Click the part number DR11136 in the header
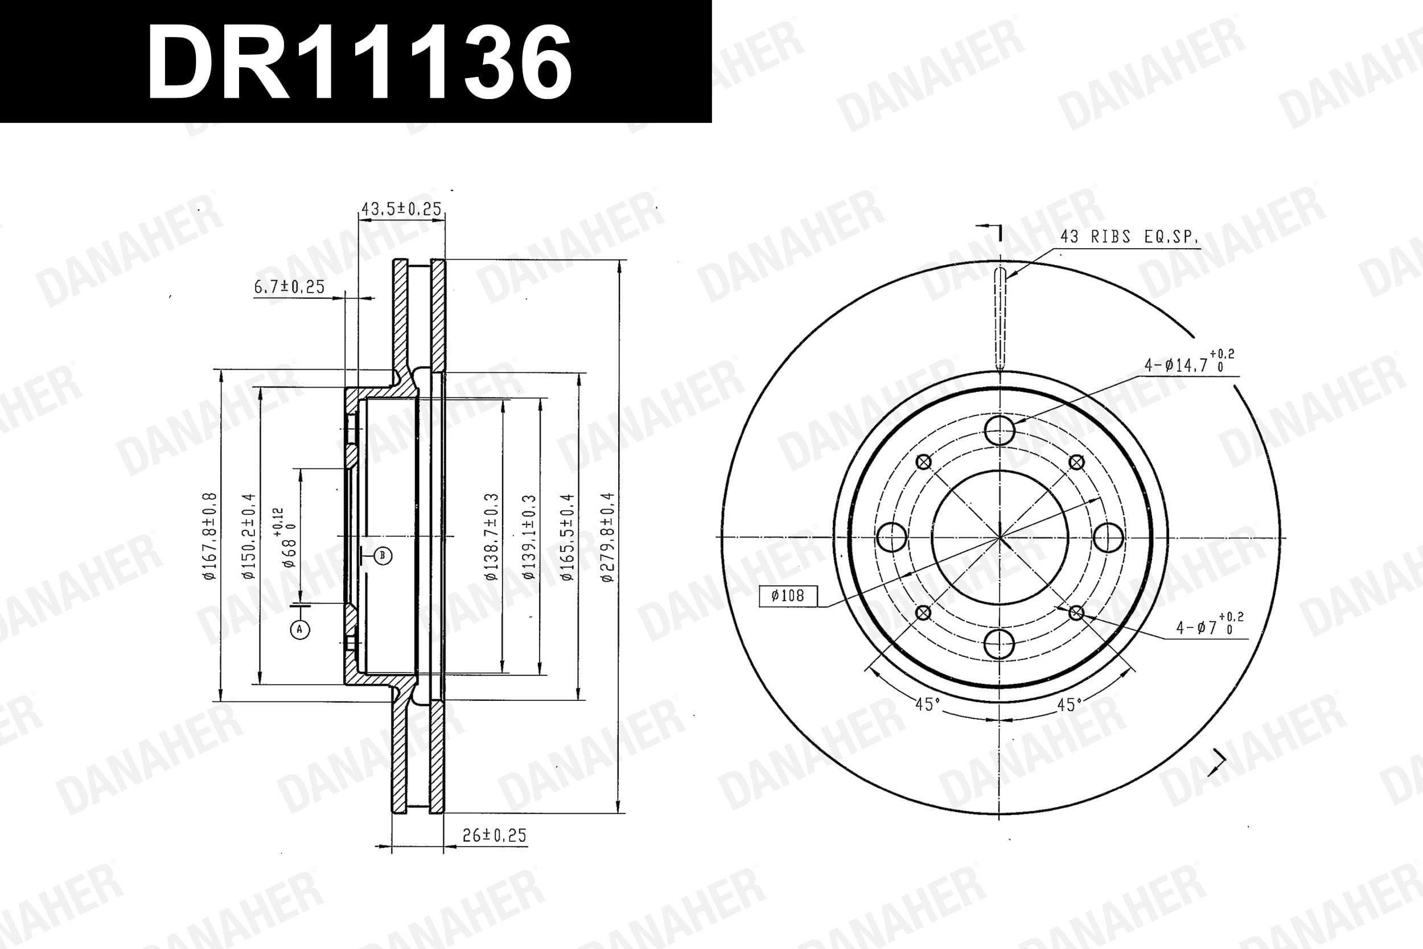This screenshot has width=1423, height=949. click(359, 63)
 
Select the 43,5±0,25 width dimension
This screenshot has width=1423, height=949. click(401, 209)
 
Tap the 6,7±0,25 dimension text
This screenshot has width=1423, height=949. click(289, 286)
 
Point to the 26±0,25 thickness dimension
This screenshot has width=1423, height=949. click(494, 835)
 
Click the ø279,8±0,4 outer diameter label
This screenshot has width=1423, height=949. click(607, 537)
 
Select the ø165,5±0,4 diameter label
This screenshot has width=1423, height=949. click(567, 537)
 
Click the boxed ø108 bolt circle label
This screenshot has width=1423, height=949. click(788, 595)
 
